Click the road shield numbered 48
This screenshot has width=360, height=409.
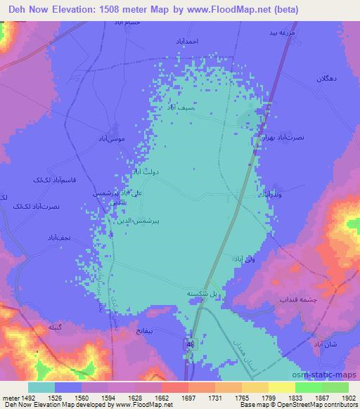(191, 343)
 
